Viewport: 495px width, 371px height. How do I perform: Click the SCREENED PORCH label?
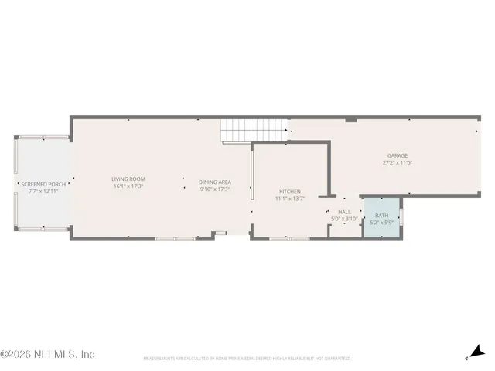tap(44, 184)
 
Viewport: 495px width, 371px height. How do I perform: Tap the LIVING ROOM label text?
tap(128, 179)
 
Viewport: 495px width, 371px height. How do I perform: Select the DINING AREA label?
tap(215, 182)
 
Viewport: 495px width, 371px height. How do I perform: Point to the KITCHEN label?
tap(290, 192)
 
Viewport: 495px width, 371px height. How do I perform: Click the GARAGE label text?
tap(398, 155)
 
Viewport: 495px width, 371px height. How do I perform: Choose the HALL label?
tap(344, 212)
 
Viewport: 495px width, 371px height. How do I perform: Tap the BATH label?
tap(382, 216)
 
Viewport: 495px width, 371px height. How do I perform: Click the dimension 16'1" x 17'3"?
tap(128, 186)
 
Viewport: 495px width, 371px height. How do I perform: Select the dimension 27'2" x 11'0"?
tap(398, 162)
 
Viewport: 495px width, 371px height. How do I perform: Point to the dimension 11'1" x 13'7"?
tap(290, 199)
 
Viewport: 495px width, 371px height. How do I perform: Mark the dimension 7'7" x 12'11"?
tap(44, 191)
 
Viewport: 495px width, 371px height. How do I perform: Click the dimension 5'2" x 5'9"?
tap(382, 223)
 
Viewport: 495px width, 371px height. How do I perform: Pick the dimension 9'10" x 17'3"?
tap(215, 189)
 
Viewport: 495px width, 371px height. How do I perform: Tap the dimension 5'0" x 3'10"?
tap(344, 219)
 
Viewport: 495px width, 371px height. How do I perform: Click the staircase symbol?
tap(237, 132)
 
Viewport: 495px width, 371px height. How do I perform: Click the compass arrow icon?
tap(474, 352)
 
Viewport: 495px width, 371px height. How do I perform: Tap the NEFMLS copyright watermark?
tap(47, 354)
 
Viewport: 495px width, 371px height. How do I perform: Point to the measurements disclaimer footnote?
tap(247, 359)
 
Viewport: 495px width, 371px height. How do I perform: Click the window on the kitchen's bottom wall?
tap(289, 239)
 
